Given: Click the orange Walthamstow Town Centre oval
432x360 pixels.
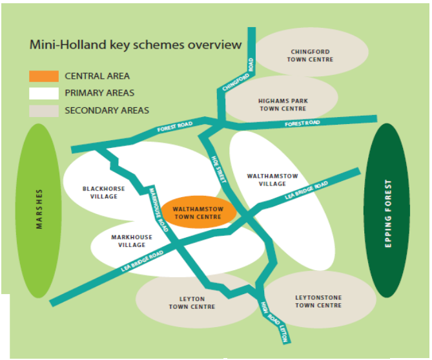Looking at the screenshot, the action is [x=199, y=212].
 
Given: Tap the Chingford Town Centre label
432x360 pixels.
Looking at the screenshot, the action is [x=310, y=56].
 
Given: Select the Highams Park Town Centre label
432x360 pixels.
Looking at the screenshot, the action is [x=283, y=105].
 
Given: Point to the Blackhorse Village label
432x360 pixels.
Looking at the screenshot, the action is [x=103, y=193].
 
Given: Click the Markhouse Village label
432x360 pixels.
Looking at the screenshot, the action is [x=132, y=241].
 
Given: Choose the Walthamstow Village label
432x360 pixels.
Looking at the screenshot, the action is [x=273, y=180].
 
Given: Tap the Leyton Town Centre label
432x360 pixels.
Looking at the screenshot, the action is [x=192, y=302].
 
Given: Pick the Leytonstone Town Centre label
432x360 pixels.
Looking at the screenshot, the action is [x=318, y=302].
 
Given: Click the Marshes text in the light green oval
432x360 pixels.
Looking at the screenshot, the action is [x=39, y=209].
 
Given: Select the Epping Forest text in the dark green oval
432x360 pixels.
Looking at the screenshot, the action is [x=388, y=214].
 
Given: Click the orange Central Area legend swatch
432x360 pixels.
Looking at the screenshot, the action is [x=44, y=76].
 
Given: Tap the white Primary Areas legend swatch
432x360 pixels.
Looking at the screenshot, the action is [x=44, y=93].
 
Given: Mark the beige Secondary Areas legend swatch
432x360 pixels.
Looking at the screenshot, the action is [x=44, y=111].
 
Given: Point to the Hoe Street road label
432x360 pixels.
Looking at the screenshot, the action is [x=219, y=169].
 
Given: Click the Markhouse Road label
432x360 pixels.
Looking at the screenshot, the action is [x=158, y=210].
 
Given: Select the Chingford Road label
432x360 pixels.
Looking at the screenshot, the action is [x=238, y=74].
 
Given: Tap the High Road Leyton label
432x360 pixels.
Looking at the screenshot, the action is [x=274, y=322].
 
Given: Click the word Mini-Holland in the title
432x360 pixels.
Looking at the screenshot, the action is [x=68, y=45].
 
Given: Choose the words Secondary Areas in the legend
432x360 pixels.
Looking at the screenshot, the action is [x=107, y=111].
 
